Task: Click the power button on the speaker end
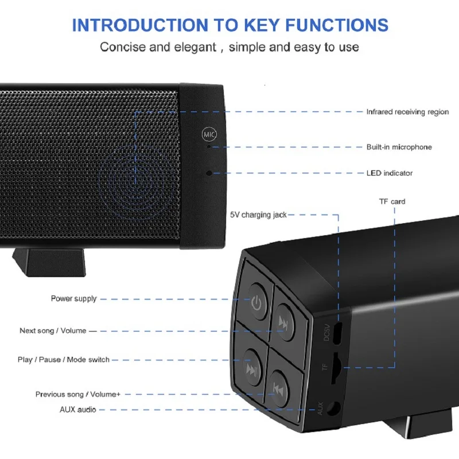tap(256, 302)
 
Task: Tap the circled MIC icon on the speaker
tap(209, 135)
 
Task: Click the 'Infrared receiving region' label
tap(407, 112)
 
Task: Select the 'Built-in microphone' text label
tap(399, 147)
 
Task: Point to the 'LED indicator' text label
tap(389, 173)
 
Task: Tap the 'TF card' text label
tap(392, 201)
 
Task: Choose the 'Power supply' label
tap(74, 298)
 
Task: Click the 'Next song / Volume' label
tap(53, 330)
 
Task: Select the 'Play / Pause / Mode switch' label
tap(63, 360)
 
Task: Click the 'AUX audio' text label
tap(78, 410)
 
